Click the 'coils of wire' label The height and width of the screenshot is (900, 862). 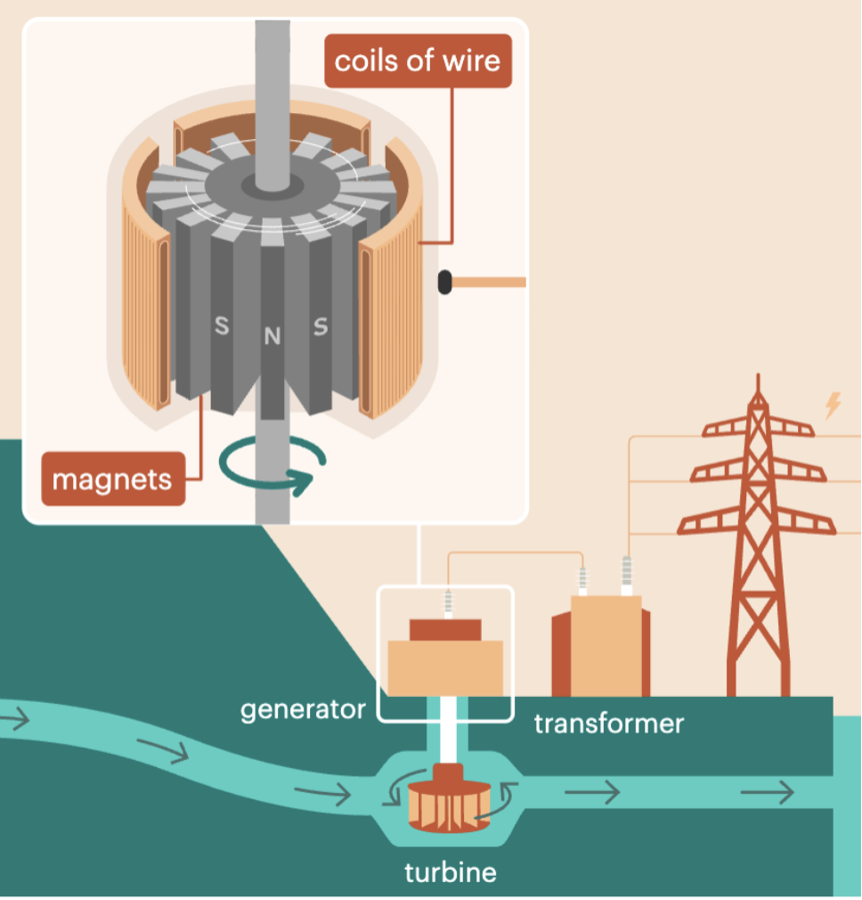tap(418, 61)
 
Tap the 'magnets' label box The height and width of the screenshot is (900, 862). tap(111, 479)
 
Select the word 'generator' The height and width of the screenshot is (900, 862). tap(303, 709)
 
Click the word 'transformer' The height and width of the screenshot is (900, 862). tap(609, 722)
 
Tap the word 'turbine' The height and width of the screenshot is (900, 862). tap(450, 871)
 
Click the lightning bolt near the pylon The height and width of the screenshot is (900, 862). tap(833, 405)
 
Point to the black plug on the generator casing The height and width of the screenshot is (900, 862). tap(444, 283)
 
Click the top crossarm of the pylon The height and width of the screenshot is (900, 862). tap(758, 428)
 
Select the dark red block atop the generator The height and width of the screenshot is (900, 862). tap(445, 629)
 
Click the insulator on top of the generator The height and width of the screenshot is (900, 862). tap(447, 599)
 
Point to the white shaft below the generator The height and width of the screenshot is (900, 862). tap(446, 731)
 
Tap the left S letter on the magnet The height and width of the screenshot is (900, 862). tap(222, 327)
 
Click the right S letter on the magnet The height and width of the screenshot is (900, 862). tap(320, 327)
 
